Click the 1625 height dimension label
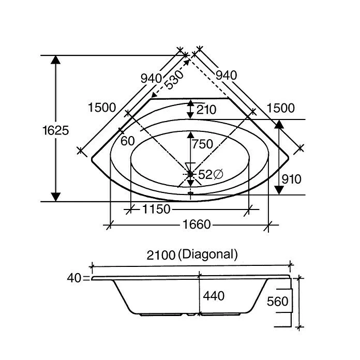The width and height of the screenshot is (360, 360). point(55,130)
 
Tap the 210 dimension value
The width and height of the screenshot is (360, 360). point(206,110)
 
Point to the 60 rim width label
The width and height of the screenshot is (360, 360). point(128,141)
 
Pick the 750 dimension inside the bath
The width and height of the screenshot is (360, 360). point(202,144)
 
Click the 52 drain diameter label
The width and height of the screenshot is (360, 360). point(210,175)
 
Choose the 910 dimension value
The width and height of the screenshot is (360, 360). point(292,179)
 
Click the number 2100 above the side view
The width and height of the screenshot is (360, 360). point(161,255)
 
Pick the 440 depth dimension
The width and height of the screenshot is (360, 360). point(214,296)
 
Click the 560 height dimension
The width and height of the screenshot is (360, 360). point(277,302)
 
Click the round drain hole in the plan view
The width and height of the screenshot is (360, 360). point(190,174)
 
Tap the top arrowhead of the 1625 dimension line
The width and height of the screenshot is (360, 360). point(55,60)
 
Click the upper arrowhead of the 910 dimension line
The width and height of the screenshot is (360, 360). point(279,125)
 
